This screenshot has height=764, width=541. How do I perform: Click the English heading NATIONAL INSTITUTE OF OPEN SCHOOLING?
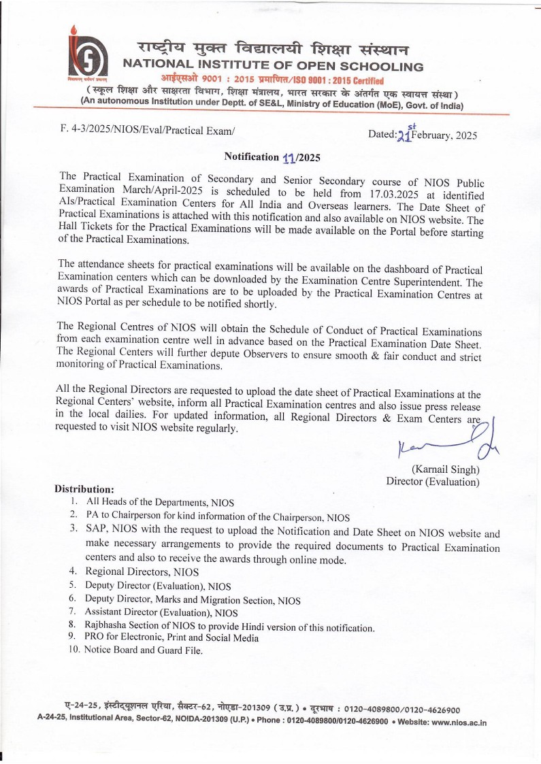tap(272, 67)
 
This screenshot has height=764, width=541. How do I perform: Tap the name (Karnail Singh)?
tap(446, 469)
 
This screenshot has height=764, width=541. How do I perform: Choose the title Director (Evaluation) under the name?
tap(433, 482)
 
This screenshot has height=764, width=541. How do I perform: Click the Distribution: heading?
tap(84, 489)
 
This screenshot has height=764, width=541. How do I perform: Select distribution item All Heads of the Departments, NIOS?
tap(160, 503)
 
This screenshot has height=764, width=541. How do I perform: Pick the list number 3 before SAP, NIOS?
tap(73, 529)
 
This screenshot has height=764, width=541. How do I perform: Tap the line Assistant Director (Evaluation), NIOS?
tap(161, 613)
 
